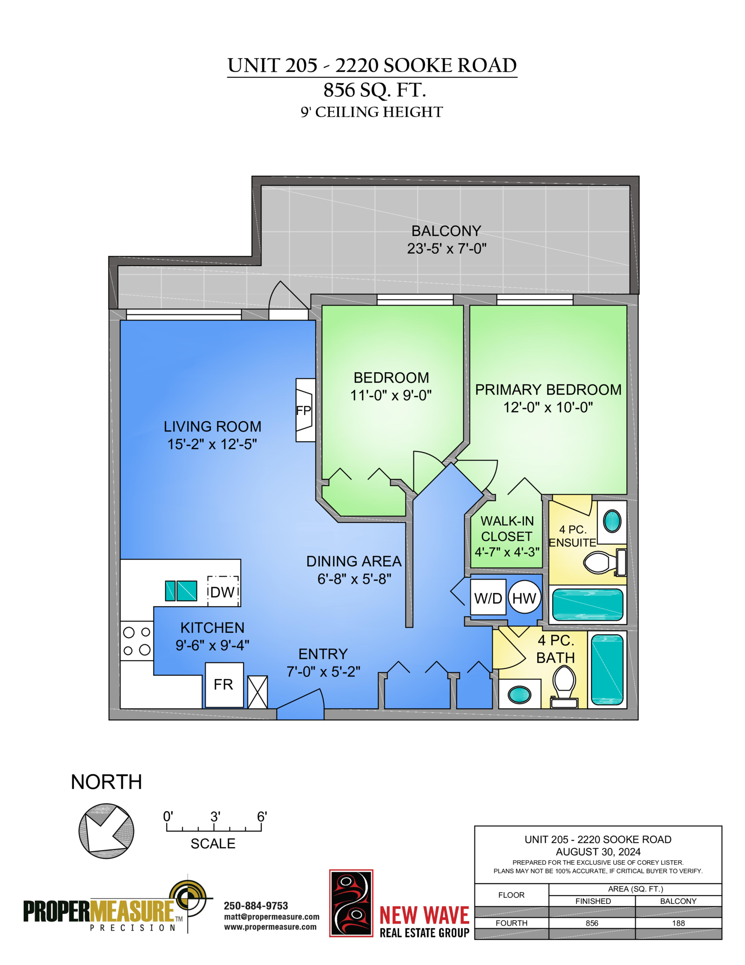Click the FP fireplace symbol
point(305,410)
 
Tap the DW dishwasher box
point(223,591)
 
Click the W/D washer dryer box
point(488,598)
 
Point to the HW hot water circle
point(524,598)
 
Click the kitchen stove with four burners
point(137,641)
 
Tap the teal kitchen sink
point(181,591)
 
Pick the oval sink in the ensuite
point(612,521)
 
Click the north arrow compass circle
point(107,831)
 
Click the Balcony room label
point(446,231)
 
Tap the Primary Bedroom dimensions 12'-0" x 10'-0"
point(548,407)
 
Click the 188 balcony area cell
point(678,923)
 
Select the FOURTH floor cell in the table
point(511,923)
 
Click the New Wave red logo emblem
point(351,903)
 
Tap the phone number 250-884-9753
point(256,906)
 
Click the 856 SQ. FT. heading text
point(375,90)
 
